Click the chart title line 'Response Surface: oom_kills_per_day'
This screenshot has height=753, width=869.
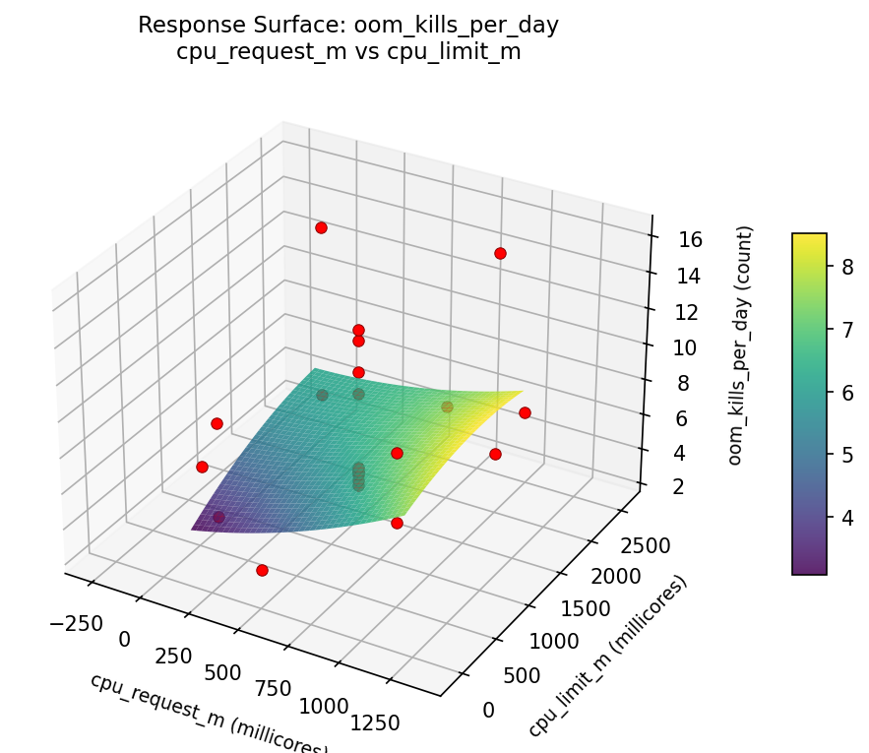point(348,26)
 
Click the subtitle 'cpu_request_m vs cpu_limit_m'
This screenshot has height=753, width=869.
point(348,52)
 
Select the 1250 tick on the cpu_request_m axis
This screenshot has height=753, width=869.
point(374,722)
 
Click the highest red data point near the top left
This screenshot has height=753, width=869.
point(321,227)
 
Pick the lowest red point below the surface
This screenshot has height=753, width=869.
point(262,570)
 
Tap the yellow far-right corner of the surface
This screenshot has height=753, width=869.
point(522,392)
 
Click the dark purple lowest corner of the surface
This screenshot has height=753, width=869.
point(193,528)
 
